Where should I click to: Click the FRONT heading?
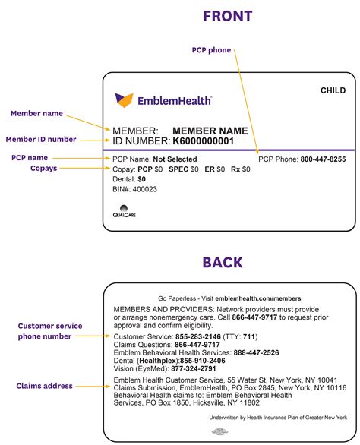(227, 16)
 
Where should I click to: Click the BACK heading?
(223, 263)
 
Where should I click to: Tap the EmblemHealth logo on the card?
(163, 99)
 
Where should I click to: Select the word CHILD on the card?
(333, 90)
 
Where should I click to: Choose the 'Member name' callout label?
(36, 113)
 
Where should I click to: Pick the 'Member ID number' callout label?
(41, 139)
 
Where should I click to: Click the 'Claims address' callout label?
(46, 386)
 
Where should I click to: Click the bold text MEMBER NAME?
(210, 131)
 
